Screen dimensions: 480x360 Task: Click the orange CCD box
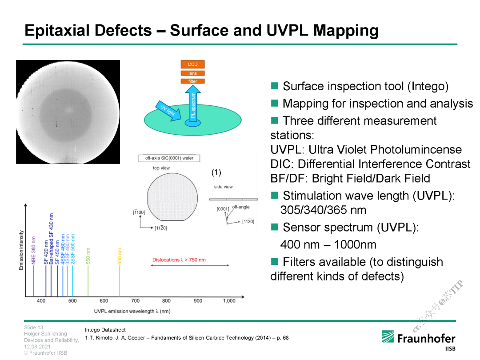tap(192, 64)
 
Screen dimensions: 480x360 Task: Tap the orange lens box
tap(192, 73)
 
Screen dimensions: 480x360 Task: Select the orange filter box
tap(192, 81)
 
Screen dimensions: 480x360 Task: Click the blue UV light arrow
tap(169, 111)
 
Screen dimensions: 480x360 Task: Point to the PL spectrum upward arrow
tap(193, 104)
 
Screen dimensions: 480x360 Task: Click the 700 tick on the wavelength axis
tap(135, 300)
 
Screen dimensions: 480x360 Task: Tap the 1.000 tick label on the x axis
tap(229, 300)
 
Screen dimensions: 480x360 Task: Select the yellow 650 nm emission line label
tap(120, 256)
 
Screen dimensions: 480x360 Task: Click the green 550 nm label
tap(88, 256)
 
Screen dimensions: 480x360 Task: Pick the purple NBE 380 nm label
tap(33, 250)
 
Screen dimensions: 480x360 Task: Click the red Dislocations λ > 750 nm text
tap(179, 260)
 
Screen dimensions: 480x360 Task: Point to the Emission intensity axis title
tap(21, 250)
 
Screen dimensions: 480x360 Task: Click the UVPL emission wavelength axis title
tap(132, 311)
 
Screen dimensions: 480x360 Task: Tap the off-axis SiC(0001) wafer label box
tap(169, 158)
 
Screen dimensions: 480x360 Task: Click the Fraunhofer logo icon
tap(388, 336)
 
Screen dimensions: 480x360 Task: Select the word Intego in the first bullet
tap(428, 86)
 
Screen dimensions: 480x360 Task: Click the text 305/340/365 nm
tap(323, 210)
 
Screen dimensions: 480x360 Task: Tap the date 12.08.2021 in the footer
tap(37, 347)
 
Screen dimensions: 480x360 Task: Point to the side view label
tap(223, 187)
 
